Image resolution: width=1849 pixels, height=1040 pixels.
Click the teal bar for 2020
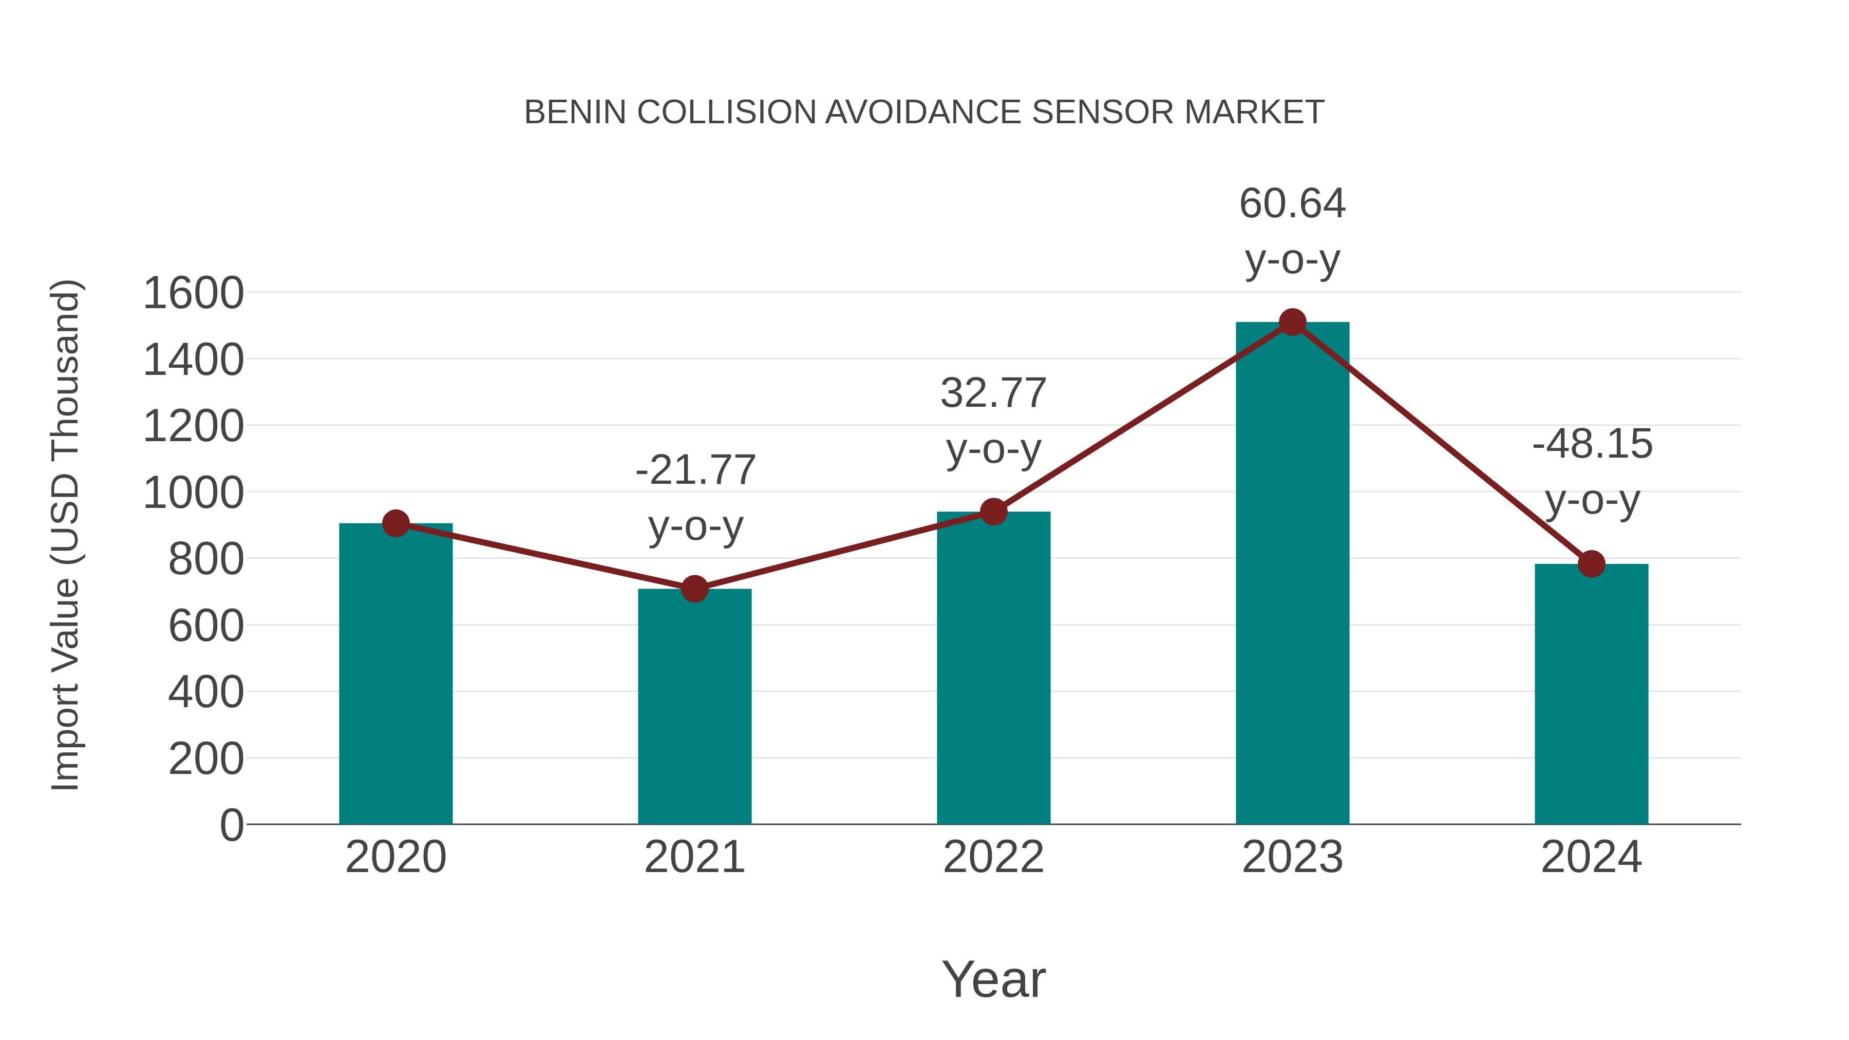395,675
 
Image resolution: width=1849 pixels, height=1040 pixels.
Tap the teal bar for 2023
1292,574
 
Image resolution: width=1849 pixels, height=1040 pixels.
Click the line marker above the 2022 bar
993,512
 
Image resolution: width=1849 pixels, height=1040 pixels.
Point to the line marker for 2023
1292,322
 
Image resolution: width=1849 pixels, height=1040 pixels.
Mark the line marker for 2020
395,523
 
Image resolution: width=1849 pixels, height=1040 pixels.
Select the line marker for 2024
1591,564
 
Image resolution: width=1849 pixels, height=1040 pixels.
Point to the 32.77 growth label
993,393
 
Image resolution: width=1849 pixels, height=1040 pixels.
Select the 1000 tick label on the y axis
193,493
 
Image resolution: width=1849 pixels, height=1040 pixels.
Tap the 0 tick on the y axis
231,825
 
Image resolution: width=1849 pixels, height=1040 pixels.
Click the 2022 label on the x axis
993,857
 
